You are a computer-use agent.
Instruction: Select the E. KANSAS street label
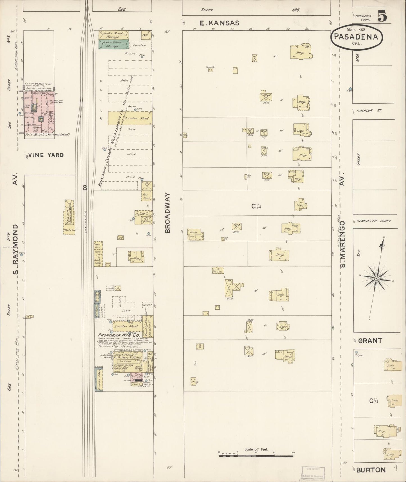tap(219, 23)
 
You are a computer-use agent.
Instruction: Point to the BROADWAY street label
tap(168, 213)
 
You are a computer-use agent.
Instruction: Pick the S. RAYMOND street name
tap(16, 249)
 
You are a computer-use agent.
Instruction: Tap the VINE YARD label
tap(46, 155)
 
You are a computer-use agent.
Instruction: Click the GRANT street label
tap(370, 341)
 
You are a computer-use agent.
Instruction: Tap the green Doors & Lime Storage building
tap(114, 44)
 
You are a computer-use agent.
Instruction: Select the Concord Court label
tap(363, 18)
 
